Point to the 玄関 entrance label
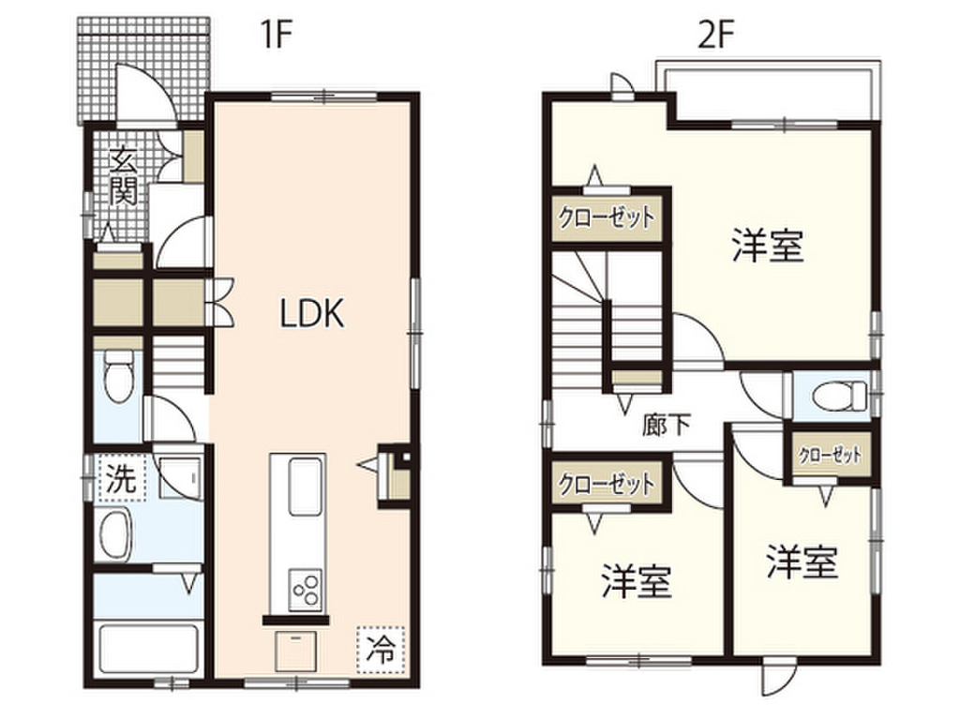(124, 178)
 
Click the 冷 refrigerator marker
(380, 647)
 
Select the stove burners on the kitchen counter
(306, 589)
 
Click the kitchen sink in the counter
(298, 486)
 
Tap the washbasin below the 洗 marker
(117, 535)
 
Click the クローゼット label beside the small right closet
(830, 455)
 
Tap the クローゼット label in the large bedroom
(606, 218)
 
